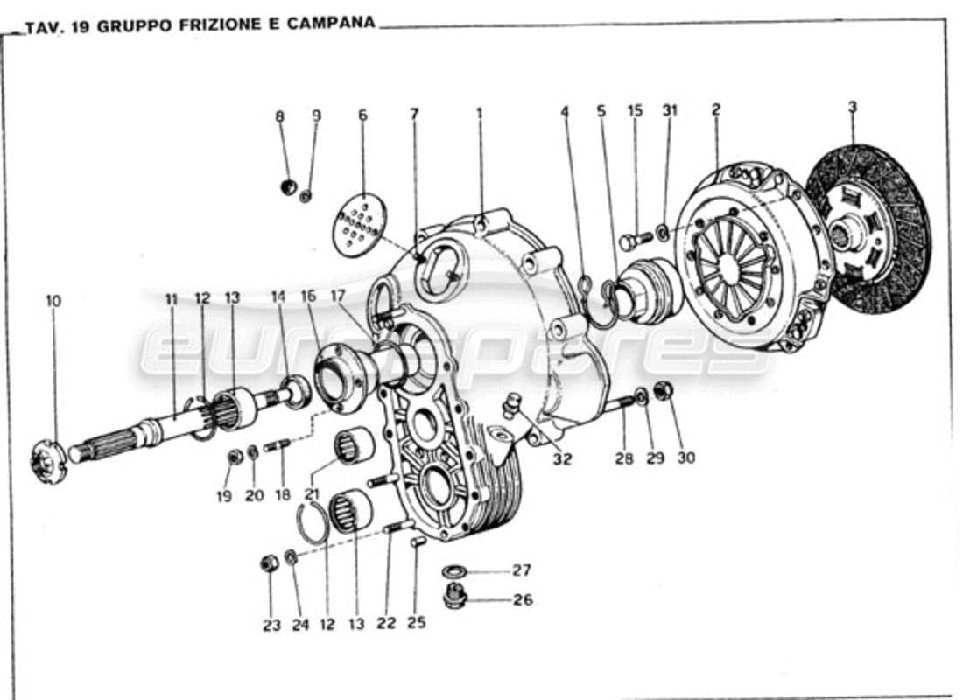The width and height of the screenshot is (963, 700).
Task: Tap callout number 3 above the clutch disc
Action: click(x=852, y=108)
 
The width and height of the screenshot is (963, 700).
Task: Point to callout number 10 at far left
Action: click(x=53, y=301)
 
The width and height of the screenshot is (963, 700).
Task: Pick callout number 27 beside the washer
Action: click(x=522, y=570)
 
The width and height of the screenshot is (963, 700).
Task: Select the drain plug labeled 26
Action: click(x=454, y=598)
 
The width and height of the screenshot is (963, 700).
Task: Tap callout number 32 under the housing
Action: click(x=561, y=459)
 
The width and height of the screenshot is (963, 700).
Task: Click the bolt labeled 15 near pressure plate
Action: click(x=635, y=238)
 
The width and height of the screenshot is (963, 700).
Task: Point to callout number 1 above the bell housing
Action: click(x=479, y=113)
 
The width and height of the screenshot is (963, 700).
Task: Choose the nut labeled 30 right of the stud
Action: click(x=663, y=391)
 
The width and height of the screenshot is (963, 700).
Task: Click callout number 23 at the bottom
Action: click(x=271, y=625)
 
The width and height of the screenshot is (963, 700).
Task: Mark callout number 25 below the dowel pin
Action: click(x=417, y=624)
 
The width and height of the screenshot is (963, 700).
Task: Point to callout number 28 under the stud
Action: click(x=623, y=458)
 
